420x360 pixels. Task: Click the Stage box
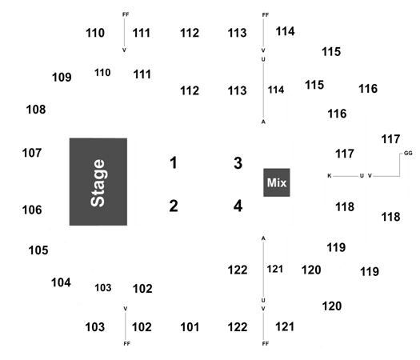click(98, 182)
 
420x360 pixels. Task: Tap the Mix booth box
click(277, 182)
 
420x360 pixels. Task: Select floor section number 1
click(174, 162)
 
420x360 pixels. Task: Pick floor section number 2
click(174, 206)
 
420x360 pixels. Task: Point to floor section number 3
click(238, 163)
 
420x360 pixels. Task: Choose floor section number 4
click(238, 206)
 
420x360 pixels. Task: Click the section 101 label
click(190, 327)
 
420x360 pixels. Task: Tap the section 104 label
click(61, 282)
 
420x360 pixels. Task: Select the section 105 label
click(38, 250)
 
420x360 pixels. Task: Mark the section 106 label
click(32, 210)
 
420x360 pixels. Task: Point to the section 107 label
click(32, 153)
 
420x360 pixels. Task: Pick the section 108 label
click(36, 110)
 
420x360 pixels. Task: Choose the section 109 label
click(62, 77)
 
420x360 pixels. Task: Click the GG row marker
click(408, 154)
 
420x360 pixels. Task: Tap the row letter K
click(330, 176)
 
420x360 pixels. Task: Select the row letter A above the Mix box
click(263, 122)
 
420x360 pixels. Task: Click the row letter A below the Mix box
click(263, 238)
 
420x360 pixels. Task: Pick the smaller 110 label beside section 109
click(102, 73)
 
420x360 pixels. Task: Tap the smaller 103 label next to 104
click(103, 288)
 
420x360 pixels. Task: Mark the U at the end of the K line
click(362, 176)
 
